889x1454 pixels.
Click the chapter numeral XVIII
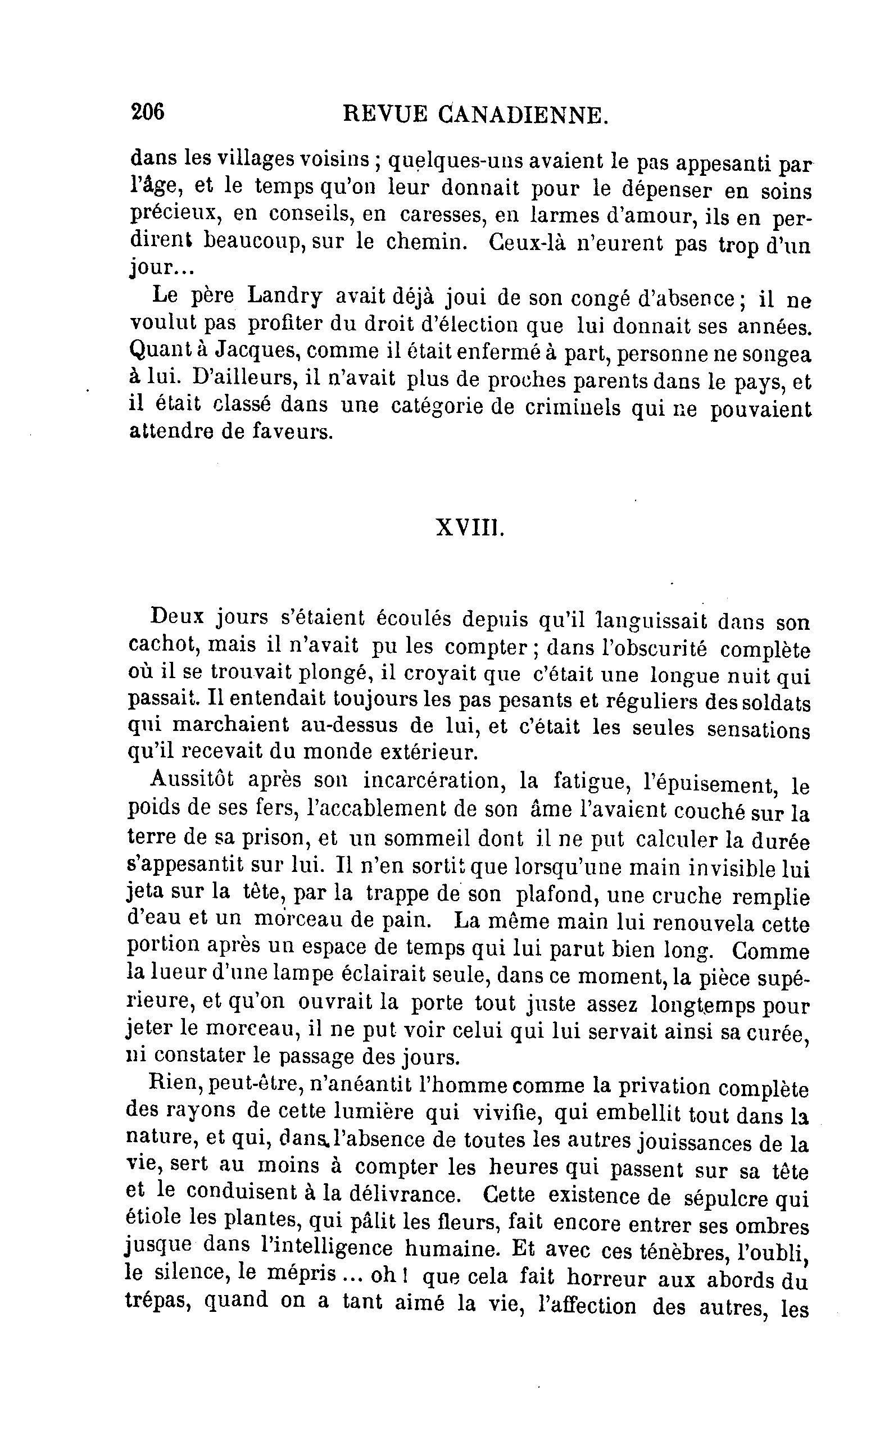pyautogui.click(x=470, y=528)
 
